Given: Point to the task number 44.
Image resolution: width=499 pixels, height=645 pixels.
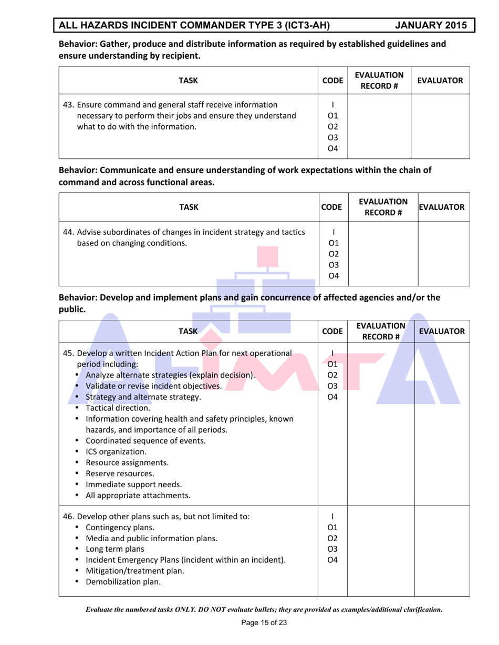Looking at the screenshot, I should (68, 232).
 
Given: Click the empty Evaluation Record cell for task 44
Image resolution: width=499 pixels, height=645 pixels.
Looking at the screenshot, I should (382, 253).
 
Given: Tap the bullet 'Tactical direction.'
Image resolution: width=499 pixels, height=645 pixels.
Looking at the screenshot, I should (118, 407).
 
